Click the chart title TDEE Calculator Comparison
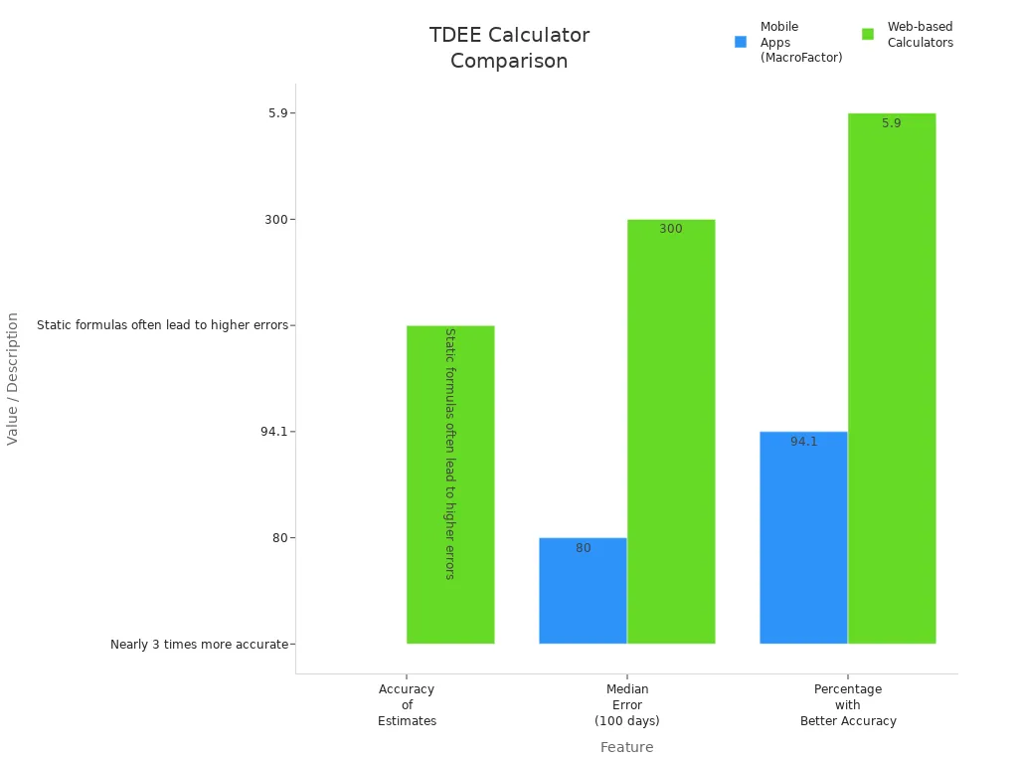point(509,48)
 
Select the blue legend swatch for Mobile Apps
point(740,42)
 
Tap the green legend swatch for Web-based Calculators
point(867,34)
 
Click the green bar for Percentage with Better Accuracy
point(892,378)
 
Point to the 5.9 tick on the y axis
point(277,113)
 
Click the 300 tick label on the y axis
point(275,220)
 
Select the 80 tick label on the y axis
point(279,538)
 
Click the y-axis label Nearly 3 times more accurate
point(199,645)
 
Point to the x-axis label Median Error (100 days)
point(627,704)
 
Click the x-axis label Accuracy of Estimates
point(407,704)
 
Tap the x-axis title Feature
point(627,747)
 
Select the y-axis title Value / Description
point(13,378)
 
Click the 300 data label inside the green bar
point(671,230)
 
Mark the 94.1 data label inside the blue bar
point(804,442)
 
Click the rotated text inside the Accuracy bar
point(449,454)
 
